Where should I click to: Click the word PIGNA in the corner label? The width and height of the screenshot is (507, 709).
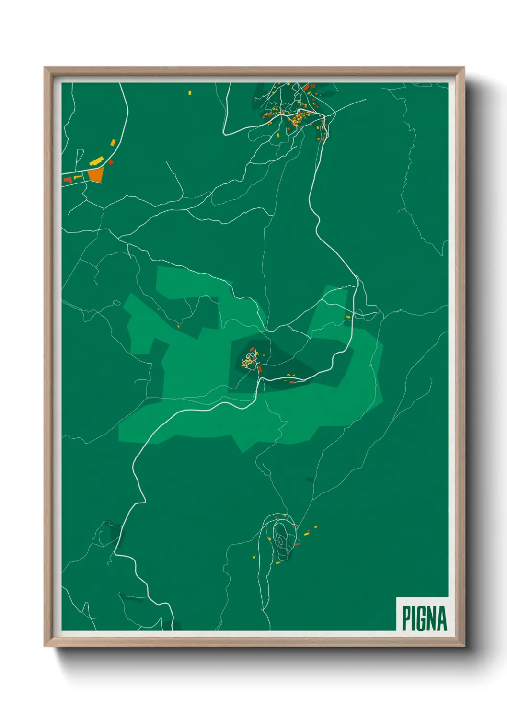(x=424, y=618)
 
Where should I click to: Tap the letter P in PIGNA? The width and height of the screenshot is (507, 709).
(x=406, y=618)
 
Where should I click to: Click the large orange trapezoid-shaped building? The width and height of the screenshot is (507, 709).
(x=96, y=175)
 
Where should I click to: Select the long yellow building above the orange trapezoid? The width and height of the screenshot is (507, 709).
(x=96, y=161)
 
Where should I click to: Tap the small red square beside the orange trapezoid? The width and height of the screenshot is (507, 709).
(x=111, y=162)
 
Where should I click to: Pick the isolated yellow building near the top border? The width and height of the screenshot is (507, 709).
(x=190, y=92)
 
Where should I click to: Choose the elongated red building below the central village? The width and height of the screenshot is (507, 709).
(x=260, y=369)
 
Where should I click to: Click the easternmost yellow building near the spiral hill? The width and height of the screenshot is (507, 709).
(x=315, y=527)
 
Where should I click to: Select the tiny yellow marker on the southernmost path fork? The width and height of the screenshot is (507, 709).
(x=262, y=610)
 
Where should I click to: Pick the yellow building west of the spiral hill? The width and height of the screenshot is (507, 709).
(x=254, y=557)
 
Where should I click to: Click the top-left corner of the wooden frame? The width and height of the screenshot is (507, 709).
(x=45, y=68)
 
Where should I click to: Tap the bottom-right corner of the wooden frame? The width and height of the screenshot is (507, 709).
(x=464, y=646)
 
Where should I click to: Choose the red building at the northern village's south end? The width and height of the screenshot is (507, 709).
(x=323, y=138)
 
